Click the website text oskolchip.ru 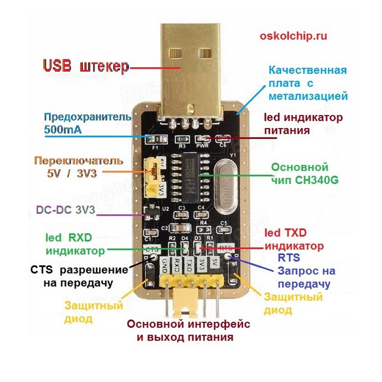(x=293, y=36)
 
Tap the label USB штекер (x=85, y=67)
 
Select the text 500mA (x=62, y=129)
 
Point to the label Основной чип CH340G (x=304, y=173)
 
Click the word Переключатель (x=79, y=161)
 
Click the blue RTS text (x=289, y=258)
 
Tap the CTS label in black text (x=42, y=270)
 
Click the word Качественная (x=308, y=70)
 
